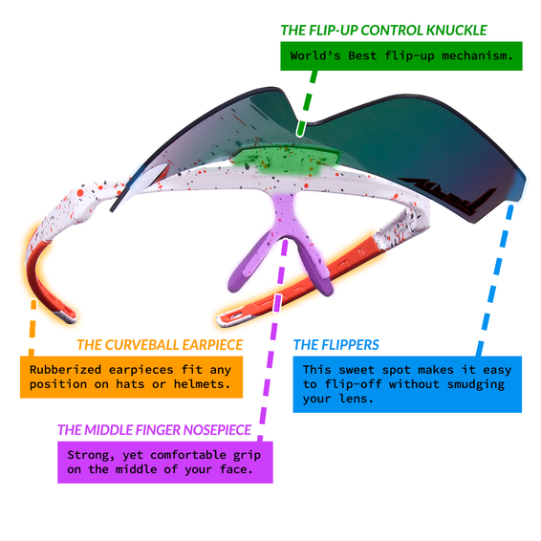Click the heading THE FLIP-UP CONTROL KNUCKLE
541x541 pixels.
[383, 31]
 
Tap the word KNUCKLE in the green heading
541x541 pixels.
[457, 31]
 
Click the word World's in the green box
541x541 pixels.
[315, 55]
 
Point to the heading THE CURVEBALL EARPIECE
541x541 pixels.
[160, 345]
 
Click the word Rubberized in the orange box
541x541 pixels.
[66, 370]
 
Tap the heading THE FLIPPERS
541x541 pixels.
[336, 345]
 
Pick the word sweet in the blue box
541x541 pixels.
[357, 370]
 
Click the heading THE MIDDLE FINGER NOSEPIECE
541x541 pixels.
[154, 430]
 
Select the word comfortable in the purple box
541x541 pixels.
[188, 455]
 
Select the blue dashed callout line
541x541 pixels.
[494, 280]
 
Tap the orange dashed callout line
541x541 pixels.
[32, 328]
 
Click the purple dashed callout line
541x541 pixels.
[272, 340]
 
